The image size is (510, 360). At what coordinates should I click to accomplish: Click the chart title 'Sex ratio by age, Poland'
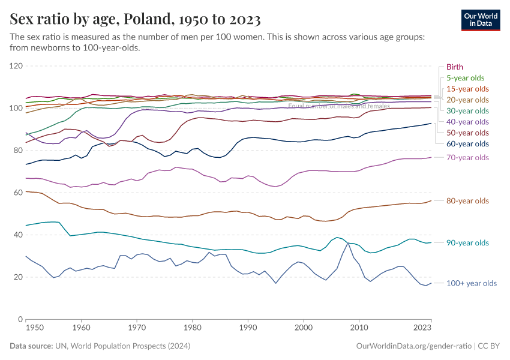[x=135, y=20]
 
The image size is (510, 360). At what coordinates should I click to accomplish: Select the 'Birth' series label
[x=454, y=67]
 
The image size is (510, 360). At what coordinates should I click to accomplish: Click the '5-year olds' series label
[x=465, y=78]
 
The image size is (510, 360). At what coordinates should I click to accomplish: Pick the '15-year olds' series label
[x=467, y=89]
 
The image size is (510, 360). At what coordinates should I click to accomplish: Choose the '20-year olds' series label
[x=467, y=100]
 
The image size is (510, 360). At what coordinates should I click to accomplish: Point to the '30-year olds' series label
[x=467, y=111]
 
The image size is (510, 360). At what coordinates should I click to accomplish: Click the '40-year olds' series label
[x=467, y=122]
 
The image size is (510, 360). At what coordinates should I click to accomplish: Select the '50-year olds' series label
[x=467, y=133]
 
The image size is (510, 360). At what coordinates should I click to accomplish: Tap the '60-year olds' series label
[x=467, y=144]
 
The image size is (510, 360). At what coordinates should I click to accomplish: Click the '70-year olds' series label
[x=467, y=157]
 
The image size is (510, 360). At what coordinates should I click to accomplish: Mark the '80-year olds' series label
[x=467, y=201]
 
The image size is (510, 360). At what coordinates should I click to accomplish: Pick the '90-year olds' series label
[x=467, y=243]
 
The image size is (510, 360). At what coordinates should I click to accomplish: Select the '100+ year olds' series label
[x=472, y=283]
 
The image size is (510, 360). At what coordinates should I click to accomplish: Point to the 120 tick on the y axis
[x=16, y=66]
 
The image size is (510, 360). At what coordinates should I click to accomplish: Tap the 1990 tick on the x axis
[x=248, y=328]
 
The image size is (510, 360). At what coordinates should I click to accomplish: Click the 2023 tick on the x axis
[x=422, y=328]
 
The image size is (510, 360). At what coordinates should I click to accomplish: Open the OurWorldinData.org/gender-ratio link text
[x=413, y=346]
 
